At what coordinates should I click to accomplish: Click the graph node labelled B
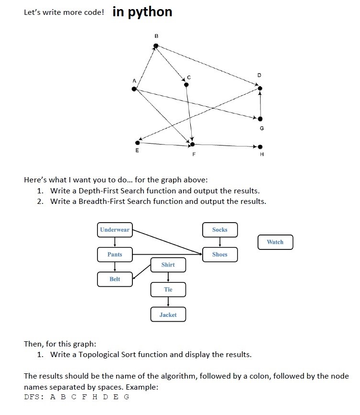pos(155,46)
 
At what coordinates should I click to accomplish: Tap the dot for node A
pos(135,89)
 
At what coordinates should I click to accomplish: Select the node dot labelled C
pos(186,85)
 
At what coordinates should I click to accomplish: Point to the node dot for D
pos(260,88)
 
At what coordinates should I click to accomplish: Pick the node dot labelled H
pos(260,146)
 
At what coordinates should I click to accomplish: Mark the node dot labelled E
pos(138,142)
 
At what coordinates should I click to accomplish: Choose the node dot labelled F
pos(192,144)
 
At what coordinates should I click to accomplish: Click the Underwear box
pos(115,230)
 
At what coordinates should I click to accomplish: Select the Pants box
pos(115,255)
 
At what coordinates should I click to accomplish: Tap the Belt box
pos(115,279)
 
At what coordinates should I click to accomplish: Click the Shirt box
pos(168,265)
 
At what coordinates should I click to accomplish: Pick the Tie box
pos(168,290)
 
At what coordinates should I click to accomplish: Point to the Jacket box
pos(168,314)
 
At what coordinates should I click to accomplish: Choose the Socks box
pos(219,230)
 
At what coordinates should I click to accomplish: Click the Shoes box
pos(219,255)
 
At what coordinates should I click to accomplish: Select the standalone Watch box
pos(275,242)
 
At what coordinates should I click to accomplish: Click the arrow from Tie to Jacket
pos(168,302)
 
